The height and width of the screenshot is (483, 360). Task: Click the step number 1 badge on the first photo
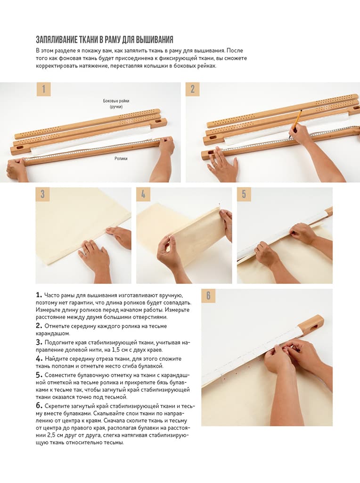(43, 89)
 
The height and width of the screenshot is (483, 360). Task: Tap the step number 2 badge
(192, 89)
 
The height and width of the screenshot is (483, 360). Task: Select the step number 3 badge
(42, 194)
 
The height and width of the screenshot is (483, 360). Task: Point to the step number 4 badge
(143, 194)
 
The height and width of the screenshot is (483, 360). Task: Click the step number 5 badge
(244, 194)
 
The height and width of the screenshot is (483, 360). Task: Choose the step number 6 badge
(208, 296)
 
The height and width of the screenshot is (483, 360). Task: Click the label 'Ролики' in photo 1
(121, 158)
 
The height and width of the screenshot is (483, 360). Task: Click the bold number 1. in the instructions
(39, 295)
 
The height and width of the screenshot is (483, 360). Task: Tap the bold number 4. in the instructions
(39, 358)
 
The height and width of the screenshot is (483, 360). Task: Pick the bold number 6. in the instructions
(39, 406)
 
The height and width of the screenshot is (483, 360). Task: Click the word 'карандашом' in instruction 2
(53, 333)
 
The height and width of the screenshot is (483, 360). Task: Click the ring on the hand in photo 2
(214, 165)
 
